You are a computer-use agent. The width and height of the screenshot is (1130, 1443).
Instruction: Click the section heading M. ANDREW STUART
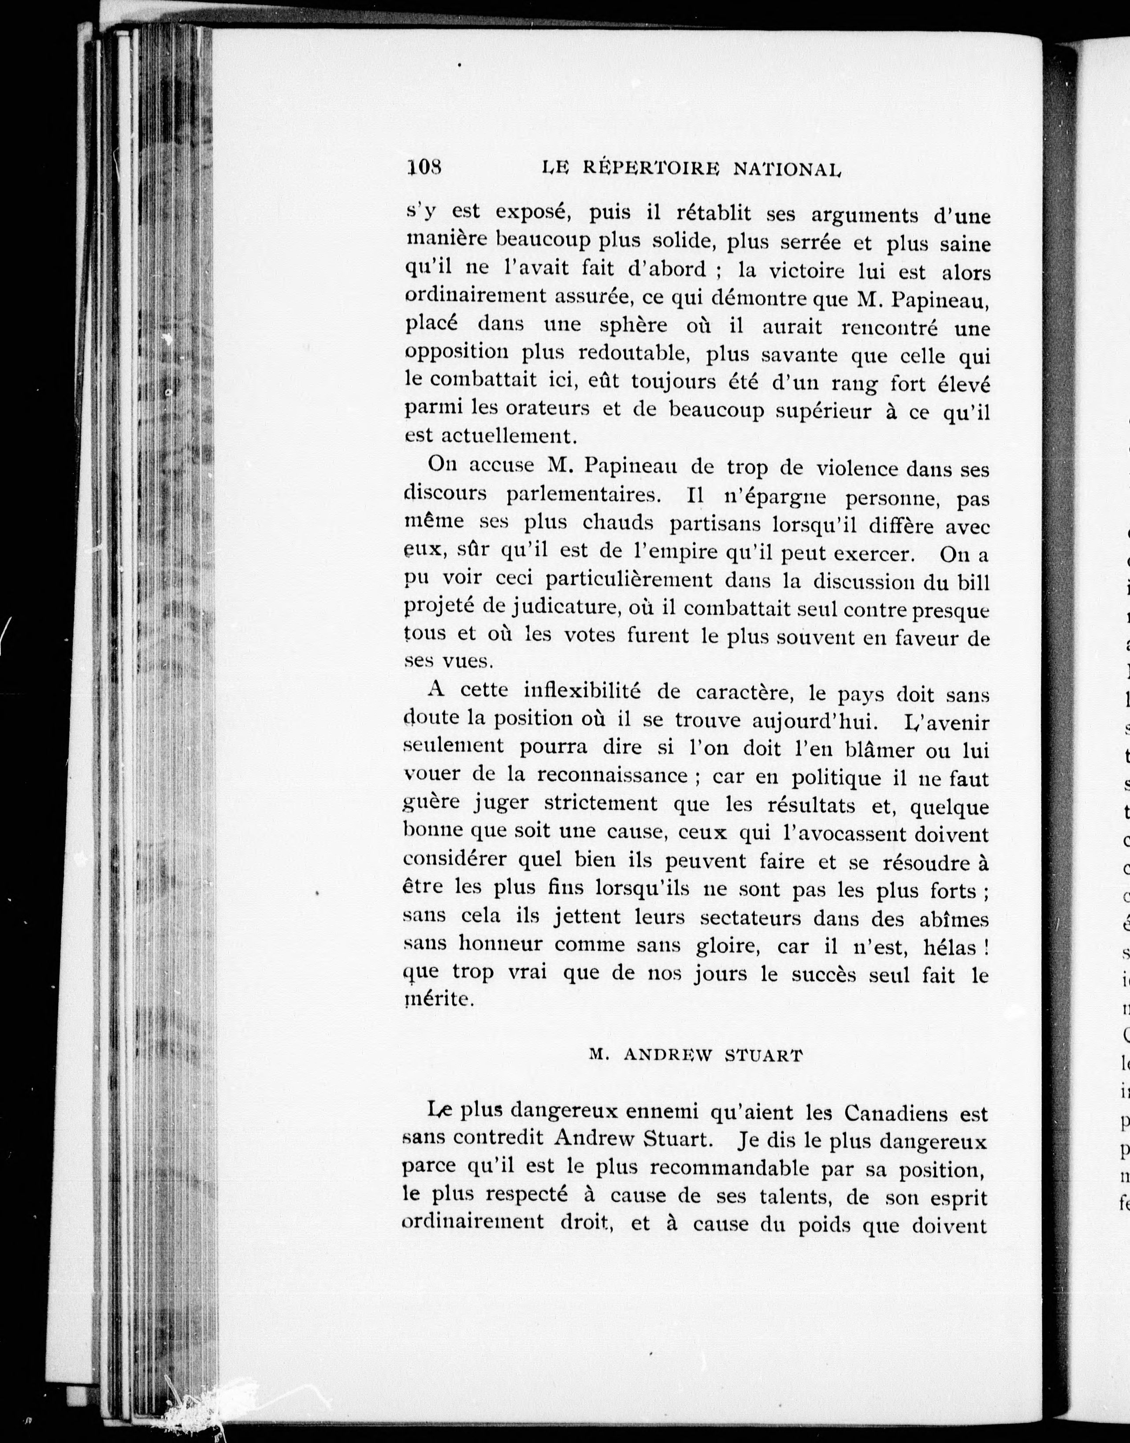pyautogui.click(x=695, y=1055)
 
